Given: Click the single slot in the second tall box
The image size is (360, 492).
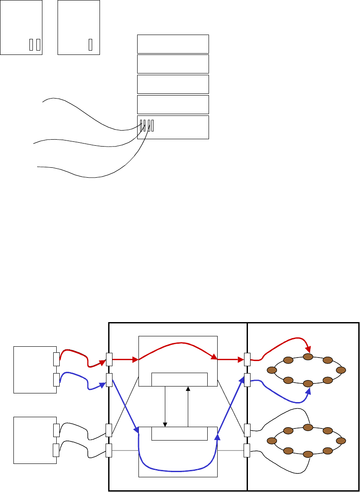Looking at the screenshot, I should (90, 45).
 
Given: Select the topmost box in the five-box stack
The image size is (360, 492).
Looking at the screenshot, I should (173, 44).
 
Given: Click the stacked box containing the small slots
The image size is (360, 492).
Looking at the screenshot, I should (173, 127).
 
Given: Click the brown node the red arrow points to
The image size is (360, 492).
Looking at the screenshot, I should (308, 357).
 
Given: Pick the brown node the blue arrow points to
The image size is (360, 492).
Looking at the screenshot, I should (308, 383).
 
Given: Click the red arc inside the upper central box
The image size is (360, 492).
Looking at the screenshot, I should (177, 344).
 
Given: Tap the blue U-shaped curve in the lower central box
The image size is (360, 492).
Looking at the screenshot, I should (177, 468).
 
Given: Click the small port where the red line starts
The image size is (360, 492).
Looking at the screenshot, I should (56, 358).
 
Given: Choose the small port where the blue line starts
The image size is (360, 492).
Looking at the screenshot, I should (56, 379).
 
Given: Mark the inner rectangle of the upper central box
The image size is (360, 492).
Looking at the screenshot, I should (180, 379).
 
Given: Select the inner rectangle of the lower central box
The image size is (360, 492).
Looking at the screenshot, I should (180, 433).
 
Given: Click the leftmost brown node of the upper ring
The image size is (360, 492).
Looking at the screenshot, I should (272, 370).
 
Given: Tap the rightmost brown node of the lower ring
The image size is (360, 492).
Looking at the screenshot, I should (341, 441).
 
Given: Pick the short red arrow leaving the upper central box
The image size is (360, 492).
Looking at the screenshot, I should (230, 359).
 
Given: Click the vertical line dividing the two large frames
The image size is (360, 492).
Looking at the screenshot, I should (247, 406).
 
